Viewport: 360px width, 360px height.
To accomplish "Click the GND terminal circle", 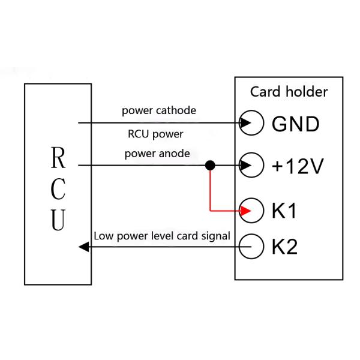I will pos(254,123).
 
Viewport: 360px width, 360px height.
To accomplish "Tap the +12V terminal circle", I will pos(254,165).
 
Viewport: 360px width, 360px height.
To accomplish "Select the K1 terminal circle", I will pos(254,211).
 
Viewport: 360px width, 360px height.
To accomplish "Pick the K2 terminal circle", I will pos(254,247).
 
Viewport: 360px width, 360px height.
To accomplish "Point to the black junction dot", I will pos(209,165).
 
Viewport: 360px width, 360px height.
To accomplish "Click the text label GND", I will pos(295,124).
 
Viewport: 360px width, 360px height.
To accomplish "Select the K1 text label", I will pos(284,211).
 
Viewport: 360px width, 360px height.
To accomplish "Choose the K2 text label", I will pos(284,247).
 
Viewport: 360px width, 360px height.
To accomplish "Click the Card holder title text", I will pos(289,92).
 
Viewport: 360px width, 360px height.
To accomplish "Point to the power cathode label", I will pos(158,111).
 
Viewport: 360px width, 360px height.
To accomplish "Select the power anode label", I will pos(157,154).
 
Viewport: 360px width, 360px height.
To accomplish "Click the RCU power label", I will pos(155,134).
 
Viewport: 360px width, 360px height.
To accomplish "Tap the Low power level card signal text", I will pos(161,236).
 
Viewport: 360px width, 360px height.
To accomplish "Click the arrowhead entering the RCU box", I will pos(85,247).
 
